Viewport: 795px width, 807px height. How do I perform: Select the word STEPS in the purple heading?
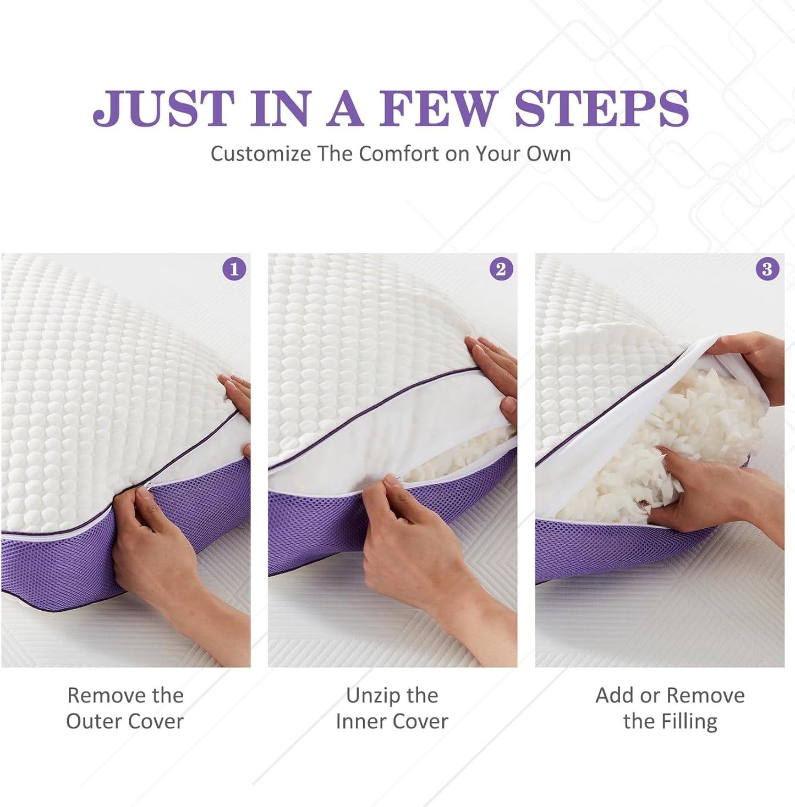click(601, 108)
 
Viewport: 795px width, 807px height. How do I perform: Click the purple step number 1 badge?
click(234, 269)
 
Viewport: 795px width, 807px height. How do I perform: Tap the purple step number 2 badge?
click(501, 269)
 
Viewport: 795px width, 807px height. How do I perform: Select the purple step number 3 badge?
click(767, 269)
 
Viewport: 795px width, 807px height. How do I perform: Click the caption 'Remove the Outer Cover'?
click(125, 708)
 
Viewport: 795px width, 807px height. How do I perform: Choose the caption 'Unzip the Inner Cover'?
click(392, 708)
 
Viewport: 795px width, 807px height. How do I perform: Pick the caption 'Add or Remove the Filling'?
click(670, 708)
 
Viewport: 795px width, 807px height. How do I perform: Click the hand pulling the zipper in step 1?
click(160, 555)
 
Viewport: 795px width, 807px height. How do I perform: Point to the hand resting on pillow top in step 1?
click(237, 393)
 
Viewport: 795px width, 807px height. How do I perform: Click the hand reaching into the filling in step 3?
click(715, 489)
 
